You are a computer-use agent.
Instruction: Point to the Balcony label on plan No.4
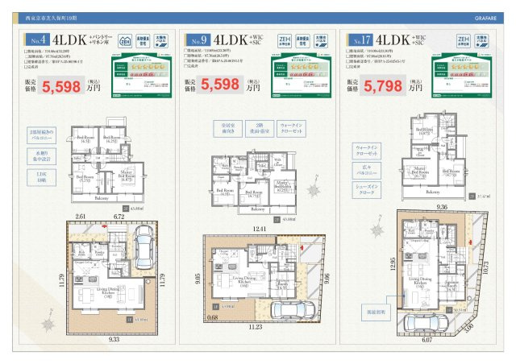[x=102, y=197]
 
